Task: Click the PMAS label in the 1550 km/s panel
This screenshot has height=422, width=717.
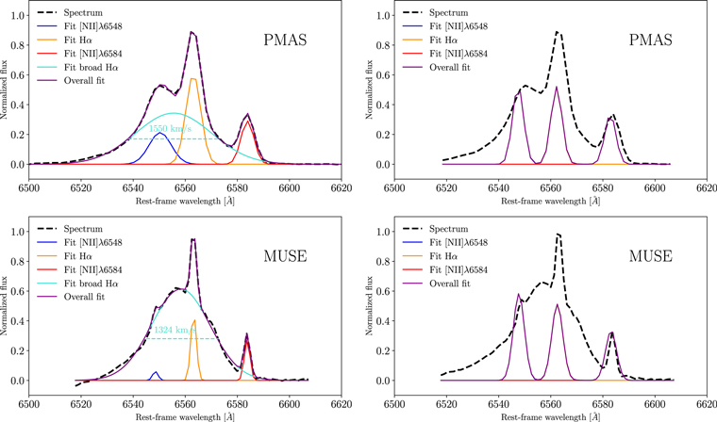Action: [289, 41]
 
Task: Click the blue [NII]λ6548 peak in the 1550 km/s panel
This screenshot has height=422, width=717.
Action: [159, 134]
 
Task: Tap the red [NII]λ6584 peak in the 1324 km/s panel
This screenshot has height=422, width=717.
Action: [247, 341]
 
